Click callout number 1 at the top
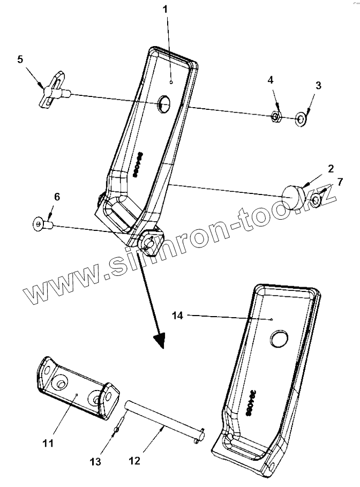[x=166, y=9]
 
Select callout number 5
[x=20, y=59]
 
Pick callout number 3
[x=318, y=86]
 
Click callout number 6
[x=57, y=197]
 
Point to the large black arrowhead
[x=159, y=339]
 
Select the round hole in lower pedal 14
[x=279, y=338]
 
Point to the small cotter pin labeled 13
[x=118, y=431]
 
